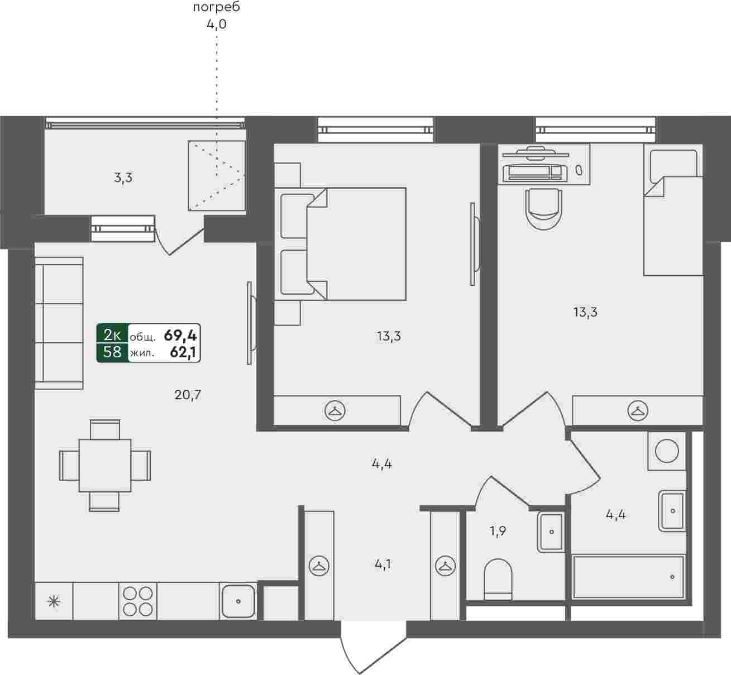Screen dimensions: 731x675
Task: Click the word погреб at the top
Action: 217,7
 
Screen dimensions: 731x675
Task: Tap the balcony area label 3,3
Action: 123,178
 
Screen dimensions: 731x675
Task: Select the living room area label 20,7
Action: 188,395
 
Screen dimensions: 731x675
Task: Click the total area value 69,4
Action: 180,336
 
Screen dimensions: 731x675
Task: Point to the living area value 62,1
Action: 183,353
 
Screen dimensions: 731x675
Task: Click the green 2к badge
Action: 112,335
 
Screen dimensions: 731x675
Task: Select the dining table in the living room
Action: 105,465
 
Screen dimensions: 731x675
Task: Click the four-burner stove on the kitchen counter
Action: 138,601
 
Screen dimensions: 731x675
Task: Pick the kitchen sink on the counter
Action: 238,601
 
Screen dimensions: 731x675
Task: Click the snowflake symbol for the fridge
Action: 54,601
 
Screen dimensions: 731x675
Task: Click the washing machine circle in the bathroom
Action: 667,451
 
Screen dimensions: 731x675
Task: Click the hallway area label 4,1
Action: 383,564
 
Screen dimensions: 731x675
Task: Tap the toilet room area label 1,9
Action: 498,531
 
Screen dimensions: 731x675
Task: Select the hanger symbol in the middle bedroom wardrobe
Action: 335,410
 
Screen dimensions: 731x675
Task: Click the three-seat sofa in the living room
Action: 59,323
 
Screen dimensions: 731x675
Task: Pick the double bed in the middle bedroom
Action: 341,244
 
